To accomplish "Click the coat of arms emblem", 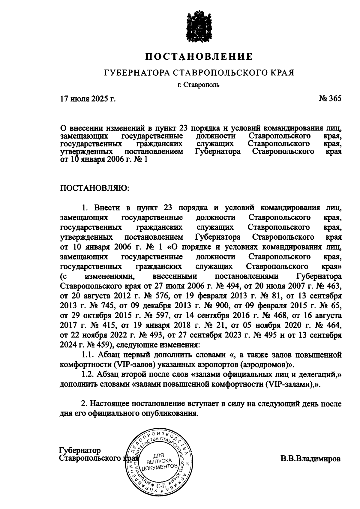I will click(199, 27).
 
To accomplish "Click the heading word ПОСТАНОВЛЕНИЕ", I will click(199, 56).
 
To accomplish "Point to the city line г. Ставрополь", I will click(198, 85).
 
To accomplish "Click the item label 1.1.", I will click(89, 355).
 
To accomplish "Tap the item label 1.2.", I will click(89, 374).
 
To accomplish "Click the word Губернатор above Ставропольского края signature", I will click(80, 451).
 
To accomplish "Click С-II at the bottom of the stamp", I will click(161, 485).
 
